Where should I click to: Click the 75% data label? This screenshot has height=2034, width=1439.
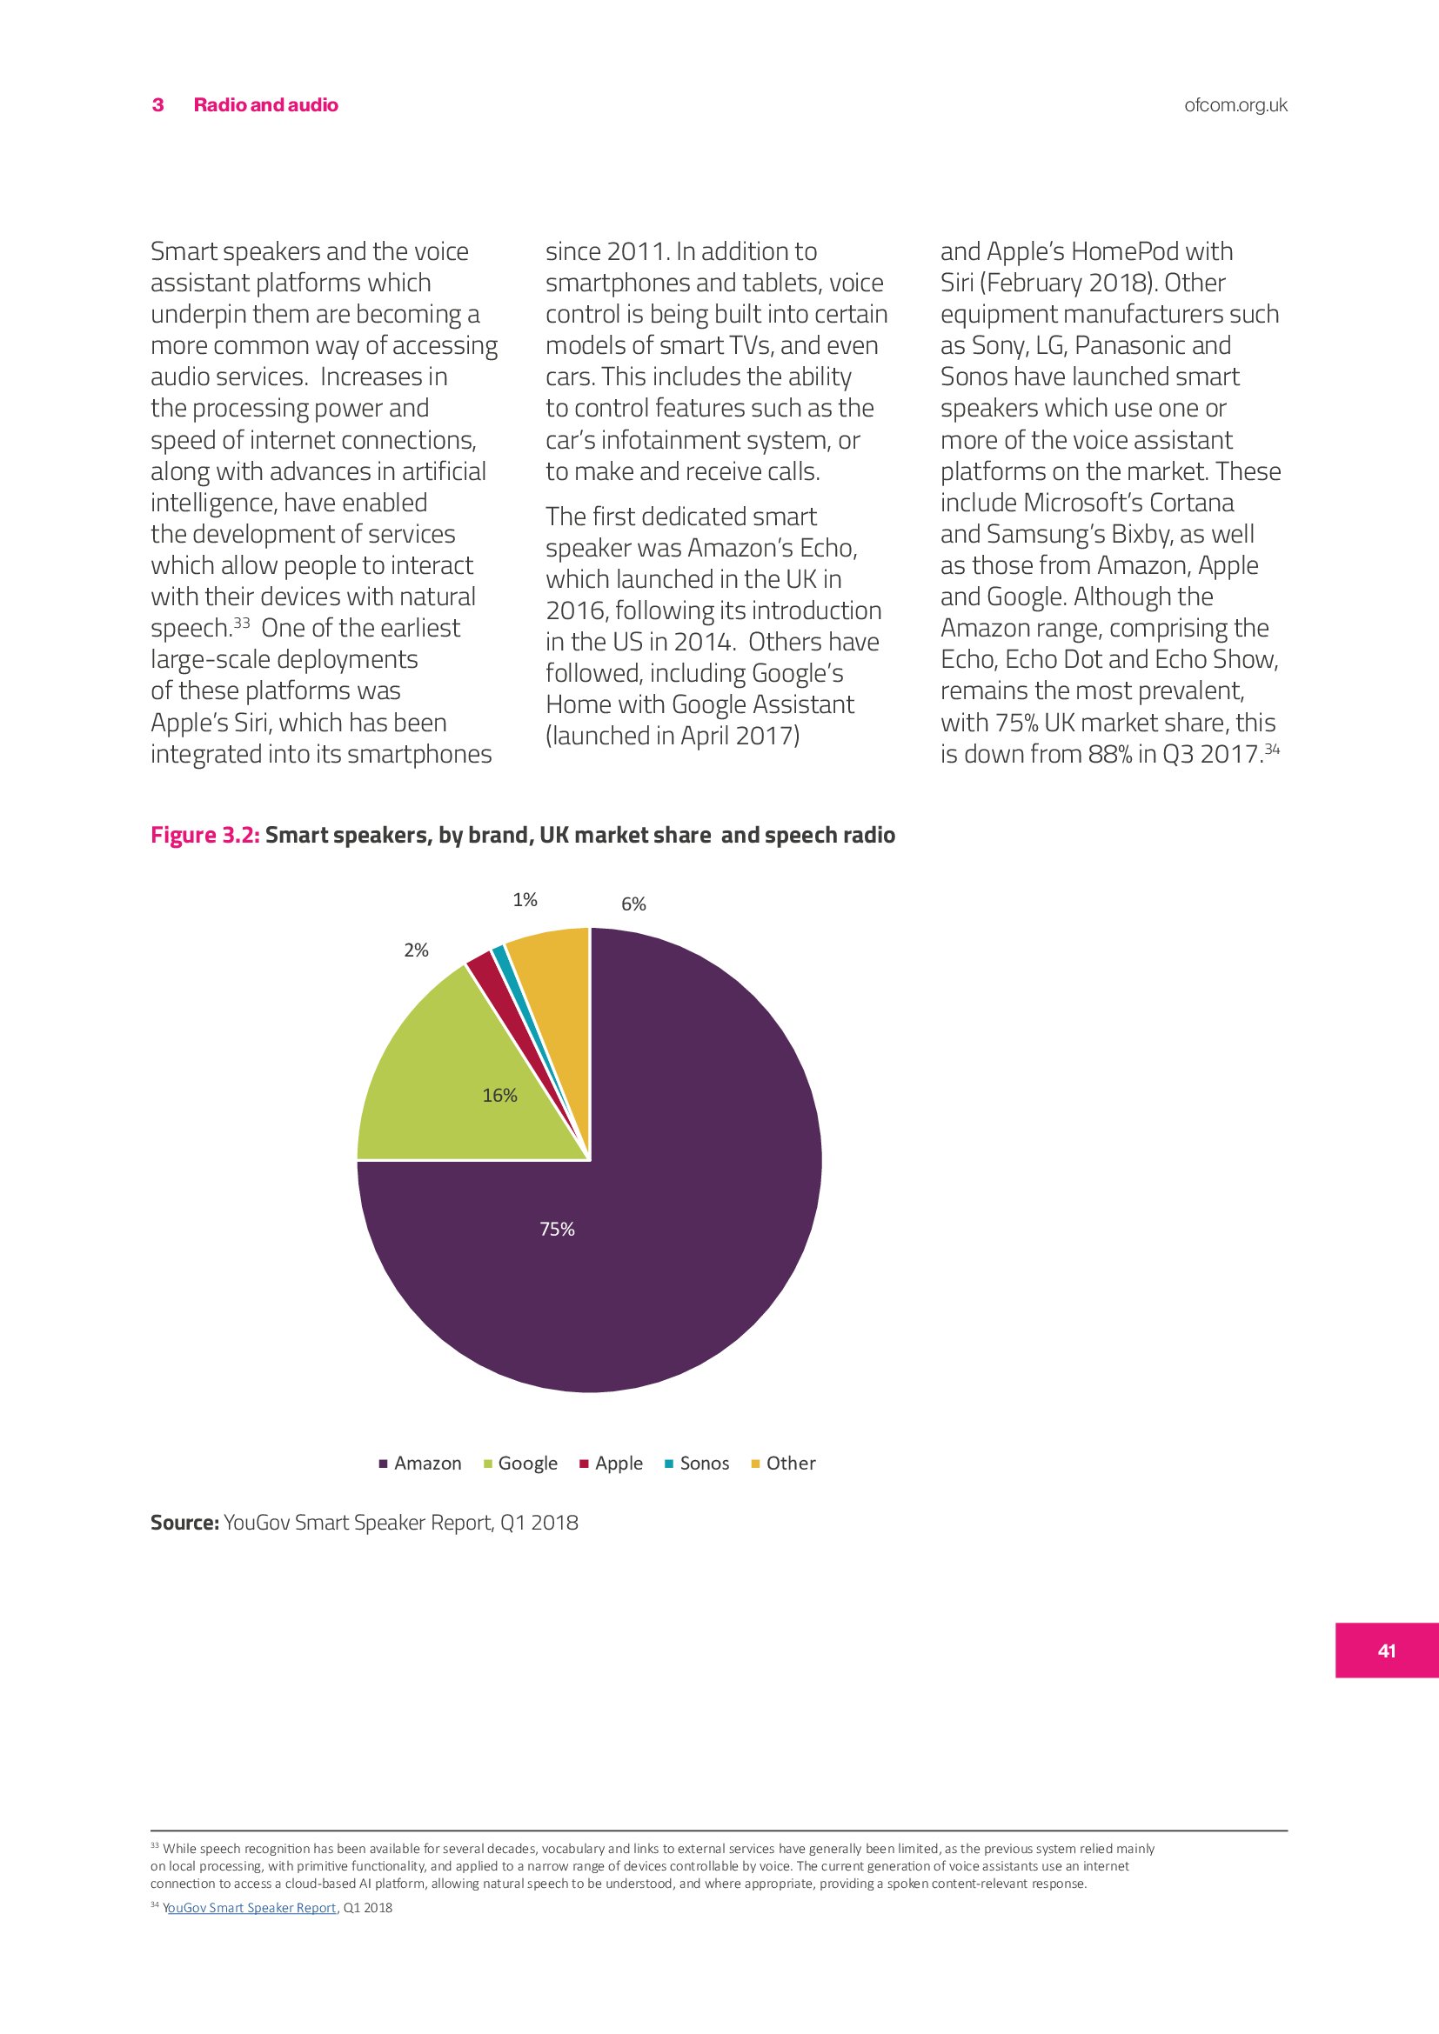558,1229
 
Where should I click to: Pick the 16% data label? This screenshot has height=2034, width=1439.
499,1096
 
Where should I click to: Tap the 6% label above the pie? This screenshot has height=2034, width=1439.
633,904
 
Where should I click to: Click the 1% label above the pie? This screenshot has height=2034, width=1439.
525,900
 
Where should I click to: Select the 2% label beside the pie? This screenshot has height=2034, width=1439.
416,950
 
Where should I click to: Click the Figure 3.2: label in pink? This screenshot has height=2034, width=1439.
204,836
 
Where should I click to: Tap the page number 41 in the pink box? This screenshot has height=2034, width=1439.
1387,1651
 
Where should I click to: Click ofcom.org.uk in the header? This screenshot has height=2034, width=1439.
1235,105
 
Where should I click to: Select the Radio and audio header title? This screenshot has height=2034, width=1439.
266,105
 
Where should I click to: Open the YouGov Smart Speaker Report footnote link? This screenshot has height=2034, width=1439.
250,1907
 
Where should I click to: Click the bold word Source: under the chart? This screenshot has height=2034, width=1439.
184,1523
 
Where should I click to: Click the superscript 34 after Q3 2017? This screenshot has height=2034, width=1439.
1273,749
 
